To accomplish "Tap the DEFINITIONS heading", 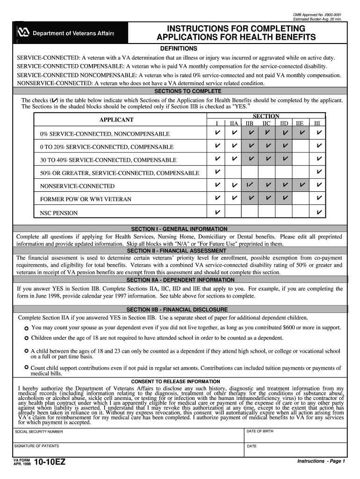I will [179, 49].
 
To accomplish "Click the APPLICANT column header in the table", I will [116, 120].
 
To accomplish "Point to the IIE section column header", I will [300, 123].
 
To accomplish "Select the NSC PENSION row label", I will [59, 213].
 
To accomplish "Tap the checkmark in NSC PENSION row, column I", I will [217, 213].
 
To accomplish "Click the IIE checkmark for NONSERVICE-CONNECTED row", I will [302, 186].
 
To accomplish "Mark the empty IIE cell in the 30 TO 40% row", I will [302, 160].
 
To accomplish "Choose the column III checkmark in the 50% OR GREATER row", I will [319, 173].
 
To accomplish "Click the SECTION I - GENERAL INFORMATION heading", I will [179, 229].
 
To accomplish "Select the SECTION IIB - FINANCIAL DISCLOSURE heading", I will [177, 310].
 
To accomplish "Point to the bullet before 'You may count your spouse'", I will [27, 327].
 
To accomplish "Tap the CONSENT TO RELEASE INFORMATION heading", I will [176, 382].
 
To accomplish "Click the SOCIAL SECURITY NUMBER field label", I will [39, 431].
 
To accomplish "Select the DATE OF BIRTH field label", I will [260, 431].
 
